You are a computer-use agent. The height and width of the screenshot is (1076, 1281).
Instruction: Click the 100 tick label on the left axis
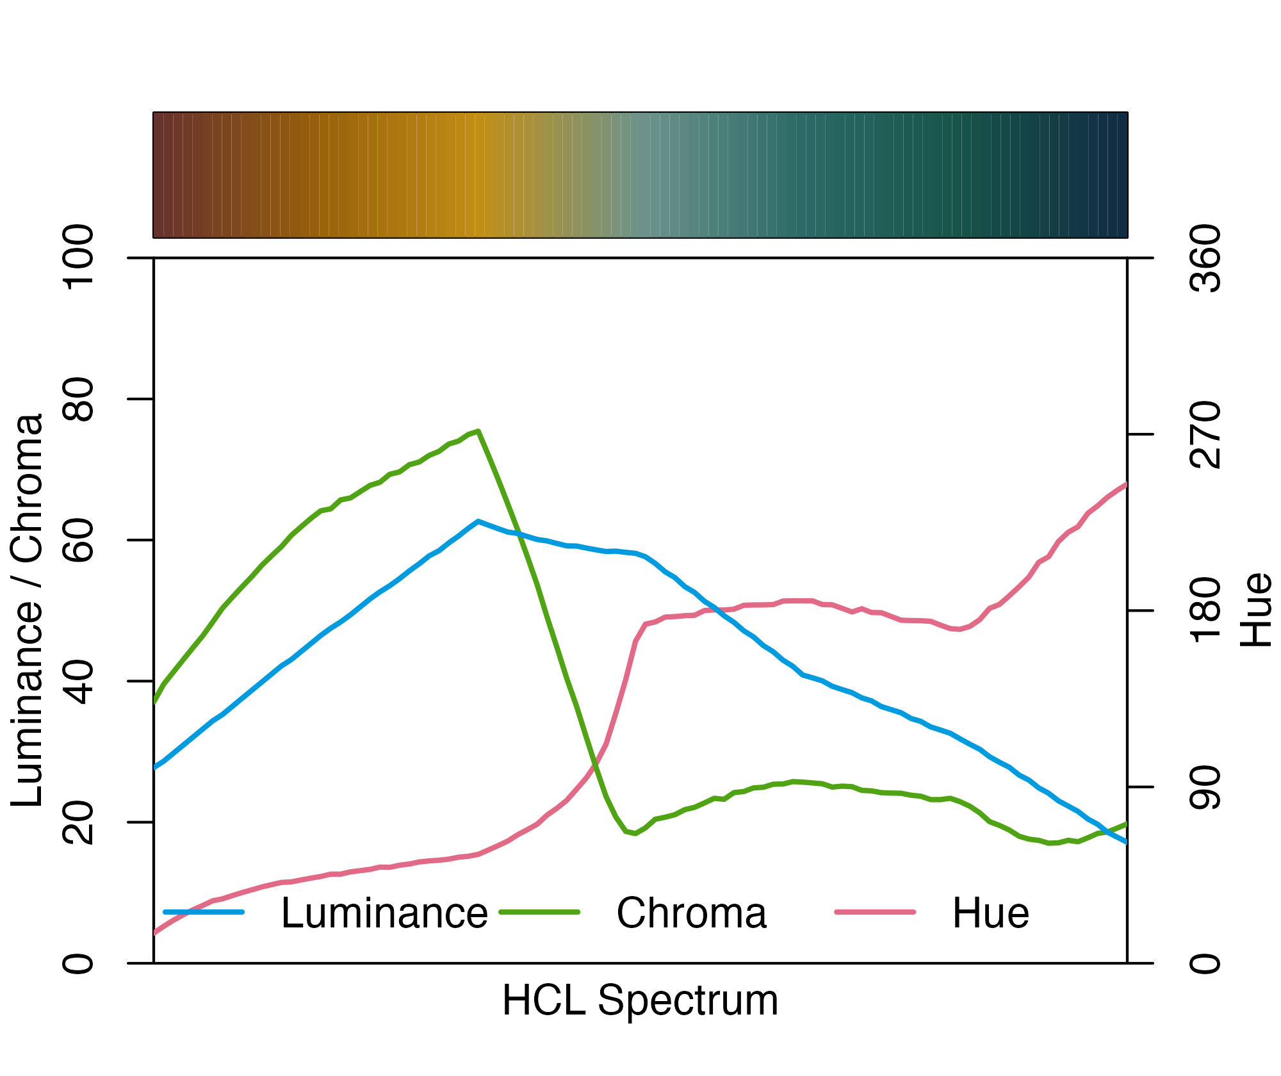pos(77,257)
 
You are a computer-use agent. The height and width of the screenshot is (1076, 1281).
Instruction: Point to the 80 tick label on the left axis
pos(77,399)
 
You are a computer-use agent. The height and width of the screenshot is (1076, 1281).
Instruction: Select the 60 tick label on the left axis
pos(77,540)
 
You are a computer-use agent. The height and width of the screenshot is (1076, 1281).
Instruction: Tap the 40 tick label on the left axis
pos(77,681)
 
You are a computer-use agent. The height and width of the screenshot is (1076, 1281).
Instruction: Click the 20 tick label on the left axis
pos(77,822)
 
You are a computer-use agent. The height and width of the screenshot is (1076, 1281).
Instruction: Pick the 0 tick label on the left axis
pos(77,963)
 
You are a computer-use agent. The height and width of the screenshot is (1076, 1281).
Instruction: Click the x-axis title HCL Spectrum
pos(640,1000)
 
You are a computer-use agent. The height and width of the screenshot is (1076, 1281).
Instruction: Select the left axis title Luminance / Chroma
pos(27,610)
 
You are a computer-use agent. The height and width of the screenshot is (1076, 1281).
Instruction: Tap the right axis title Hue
pos(1255,610)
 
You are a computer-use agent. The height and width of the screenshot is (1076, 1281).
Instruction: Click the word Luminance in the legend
pos(384,913)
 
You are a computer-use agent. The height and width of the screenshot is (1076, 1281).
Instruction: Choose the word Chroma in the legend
pos(691,913)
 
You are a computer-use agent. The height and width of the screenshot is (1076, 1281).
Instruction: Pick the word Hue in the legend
pos(990,913)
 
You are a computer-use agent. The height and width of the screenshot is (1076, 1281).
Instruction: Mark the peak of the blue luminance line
pos(478,521)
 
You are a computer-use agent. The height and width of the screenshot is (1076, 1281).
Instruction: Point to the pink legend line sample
pos(875,911)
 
